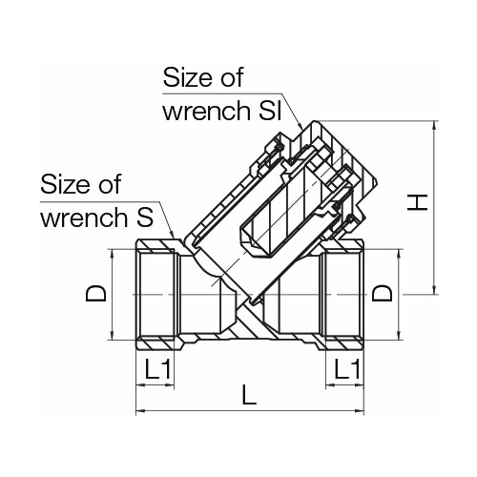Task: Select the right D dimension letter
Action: (x=383, y=295)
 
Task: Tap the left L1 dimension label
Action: (x=158, y=367)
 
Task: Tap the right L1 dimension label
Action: (x=344, y=367)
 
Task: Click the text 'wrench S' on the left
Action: (x=96, y=217)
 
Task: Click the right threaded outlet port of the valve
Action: (x=343, y=294)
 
